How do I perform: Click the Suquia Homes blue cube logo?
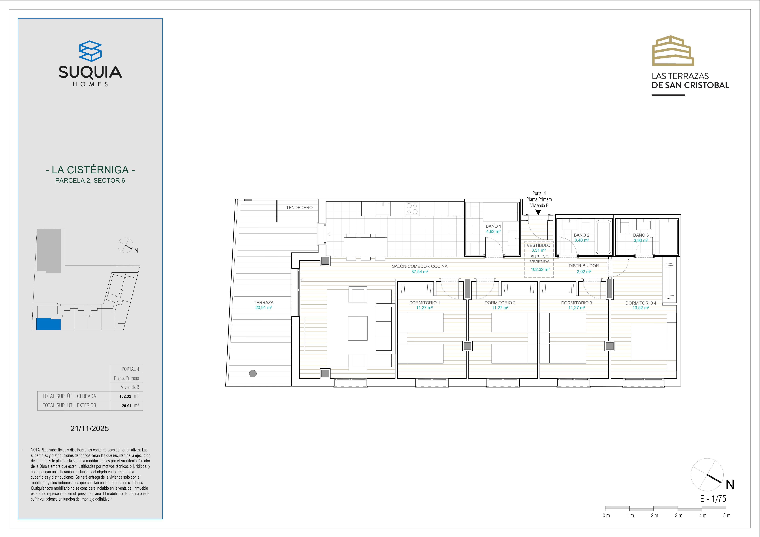(90, 51)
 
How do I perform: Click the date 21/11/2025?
(90, 428)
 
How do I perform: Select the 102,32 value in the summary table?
(125, 396)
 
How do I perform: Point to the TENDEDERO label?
(299, 208)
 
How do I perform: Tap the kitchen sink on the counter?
(383, 209)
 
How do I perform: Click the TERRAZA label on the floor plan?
(264, 302)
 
